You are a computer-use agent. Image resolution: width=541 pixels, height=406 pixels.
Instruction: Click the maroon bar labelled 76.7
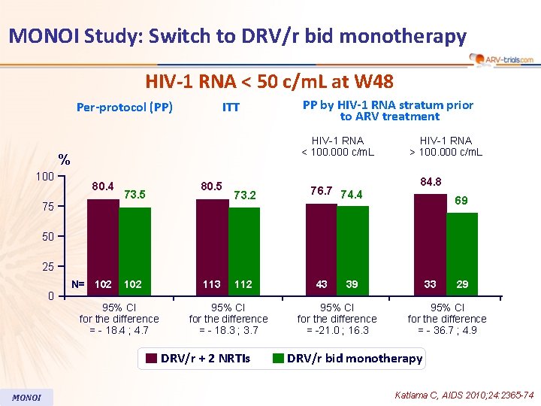[321, 249]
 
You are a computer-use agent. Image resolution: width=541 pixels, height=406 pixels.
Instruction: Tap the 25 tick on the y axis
[48, 267]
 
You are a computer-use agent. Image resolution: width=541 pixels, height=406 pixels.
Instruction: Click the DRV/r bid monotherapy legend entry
[347, 358]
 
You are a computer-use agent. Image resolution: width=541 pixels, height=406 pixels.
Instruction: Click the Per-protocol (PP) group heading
[125, 107]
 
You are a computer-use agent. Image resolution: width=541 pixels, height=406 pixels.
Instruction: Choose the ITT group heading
[231, 107]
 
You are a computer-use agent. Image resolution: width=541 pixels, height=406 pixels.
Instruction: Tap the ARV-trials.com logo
[501, 59]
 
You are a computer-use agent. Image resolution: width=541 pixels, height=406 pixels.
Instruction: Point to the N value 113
[212, 284]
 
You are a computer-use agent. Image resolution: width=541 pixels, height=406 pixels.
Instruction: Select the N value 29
[463, 284]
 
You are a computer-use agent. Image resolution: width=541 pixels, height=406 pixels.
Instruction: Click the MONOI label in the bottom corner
[27, 397]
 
